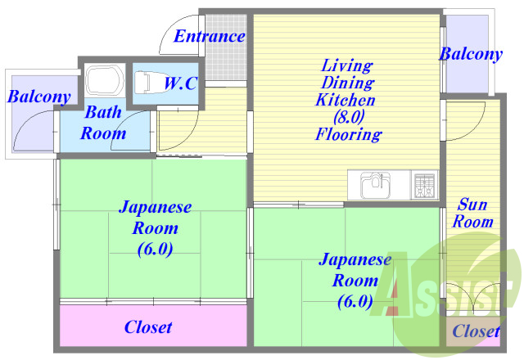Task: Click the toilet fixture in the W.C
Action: click(x=142, y=82)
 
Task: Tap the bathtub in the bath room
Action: click(x=105, y=80)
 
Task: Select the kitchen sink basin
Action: click(x=376, y=185)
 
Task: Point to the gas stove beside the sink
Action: click(x=424, y=185)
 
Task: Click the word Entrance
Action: click(x=210, y=36)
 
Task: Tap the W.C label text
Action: click(x=180, y=83)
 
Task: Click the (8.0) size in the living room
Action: click(x=349, y=116)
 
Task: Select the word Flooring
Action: click(x=349, y=134)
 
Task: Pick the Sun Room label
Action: click(x=472, y=213)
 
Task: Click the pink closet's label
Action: click(x=148, y=327)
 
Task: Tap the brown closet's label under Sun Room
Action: click(x=477, y=331)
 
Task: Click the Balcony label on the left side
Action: click(x=39, y=97)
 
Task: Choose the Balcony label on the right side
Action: click(x=471, y=54)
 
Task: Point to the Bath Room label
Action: click(x=103, y=123)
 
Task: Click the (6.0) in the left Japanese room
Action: click(x=155, y=249)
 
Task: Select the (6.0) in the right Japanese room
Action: click(x=355, y=302)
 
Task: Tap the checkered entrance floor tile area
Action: click(x=226, y=47)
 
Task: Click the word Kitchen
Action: click(x=346, y=100)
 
